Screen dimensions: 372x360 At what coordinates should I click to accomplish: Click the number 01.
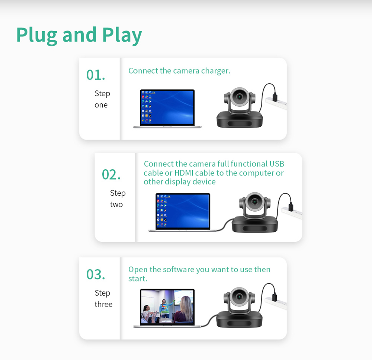click(x=96, y=75)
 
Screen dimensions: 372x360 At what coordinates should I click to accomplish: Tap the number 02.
click(x=111, y=174)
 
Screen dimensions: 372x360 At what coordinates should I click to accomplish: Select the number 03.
click(x=96, y=274)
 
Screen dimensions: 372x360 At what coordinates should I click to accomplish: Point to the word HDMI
click(x=184, y=173)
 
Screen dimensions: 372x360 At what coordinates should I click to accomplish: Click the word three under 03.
click(x=103, y=304)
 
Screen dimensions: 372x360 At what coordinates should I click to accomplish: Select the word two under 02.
click(x=116, y=205)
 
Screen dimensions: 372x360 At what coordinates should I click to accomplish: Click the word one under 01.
click(x=101, y=105)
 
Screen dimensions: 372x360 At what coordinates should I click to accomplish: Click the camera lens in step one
click(x=240, y=97)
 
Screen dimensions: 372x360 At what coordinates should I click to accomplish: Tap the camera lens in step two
click(x=255, y=202)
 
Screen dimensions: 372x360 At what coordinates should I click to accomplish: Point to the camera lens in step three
click(x=239, y=296)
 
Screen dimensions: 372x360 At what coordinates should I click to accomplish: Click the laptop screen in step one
click(x=167, y=107)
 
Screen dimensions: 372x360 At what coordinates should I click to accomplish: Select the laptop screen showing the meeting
click(x=167, y=307)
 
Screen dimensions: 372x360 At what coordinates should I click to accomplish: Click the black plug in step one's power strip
click(x=275, y=97)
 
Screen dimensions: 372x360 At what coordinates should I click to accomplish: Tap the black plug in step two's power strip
click(x=291, y=206)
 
